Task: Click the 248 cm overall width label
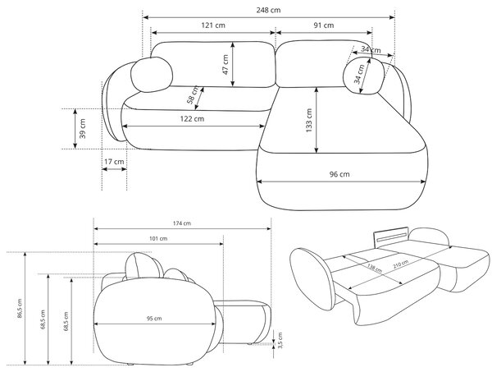click(x=268, y=10)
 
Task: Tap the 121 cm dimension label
click(x=213, y=25)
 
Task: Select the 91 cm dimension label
click(x=324, y=25)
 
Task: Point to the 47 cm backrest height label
click(x=225, y=65)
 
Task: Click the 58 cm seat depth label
click(x=193, y=95)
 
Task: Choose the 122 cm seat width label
click(x=192, y=119)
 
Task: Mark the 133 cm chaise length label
click(x=309, y=121)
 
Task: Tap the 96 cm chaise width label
click(x=339, y=174)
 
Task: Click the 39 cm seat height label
click(x=83, y=128)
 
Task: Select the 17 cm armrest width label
click(x=114, y=162)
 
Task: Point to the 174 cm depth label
click(x=182, y=223)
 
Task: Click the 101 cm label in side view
click(x=158, y=238)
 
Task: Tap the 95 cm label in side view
click(x=154, y=319)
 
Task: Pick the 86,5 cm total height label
click(x=20, y=309)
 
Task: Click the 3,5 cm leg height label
click(x=280, y=340)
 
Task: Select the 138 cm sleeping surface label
click(x=375, y=268)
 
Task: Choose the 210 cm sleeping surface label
click(x=401, y=264)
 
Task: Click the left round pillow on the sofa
click(x=152, y=75)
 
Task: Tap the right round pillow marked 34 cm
click(x=364, y=76)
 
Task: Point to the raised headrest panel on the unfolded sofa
click(x=391, y=235)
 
